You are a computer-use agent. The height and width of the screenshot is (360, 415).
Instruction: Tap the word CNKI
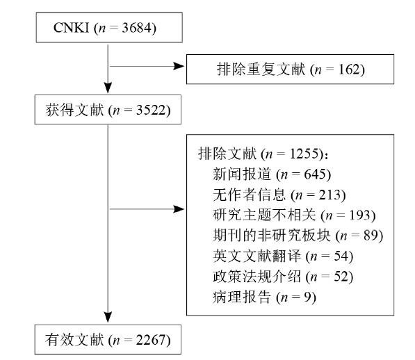pyautogui.click(x=71, y=28)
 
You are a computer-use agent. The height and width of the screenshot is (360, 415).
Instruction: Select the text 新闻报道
pyautogui.click(x=242, y=174)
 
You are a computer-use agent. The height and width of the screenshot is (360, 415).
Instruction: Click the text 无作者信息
pyautogui.click(x=250, y=195)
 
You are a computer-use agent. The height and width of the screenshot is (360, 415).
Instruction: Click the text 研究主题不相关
pyautogui.click(x=264, y=215)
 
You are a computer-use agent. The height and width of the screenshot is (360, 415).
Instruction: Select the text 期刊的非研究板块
pyautogui.click(x=272, y=235)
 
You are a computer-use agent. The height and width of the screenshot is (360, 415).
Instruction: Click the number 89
pyautogui.click(x=371, y=236)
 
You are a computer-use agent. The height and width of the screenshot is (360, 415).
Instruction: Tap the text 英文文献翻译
pyautogui.click(x=257, y=256)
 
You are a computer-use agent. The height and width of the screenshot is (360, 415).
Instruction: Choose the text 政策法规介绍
pyautogui.click(x=257, y=277)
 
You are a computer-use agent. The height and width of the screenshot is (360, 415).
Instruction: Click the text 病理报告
pyautogui.click(x=242, y=297)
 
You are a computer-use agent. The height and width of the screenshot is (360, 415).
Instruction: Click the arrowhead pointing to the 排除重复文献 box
pyautogui.click(x=179, y=66)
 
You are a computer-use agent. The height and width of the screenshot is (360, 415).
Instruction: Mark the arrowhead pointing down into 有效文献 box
pyautogui.click(x=108, y=317)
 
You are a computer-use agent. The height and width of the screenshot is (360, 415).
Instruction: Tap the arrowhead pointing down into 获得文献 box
pyautogui.click(x=108, y=88)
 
